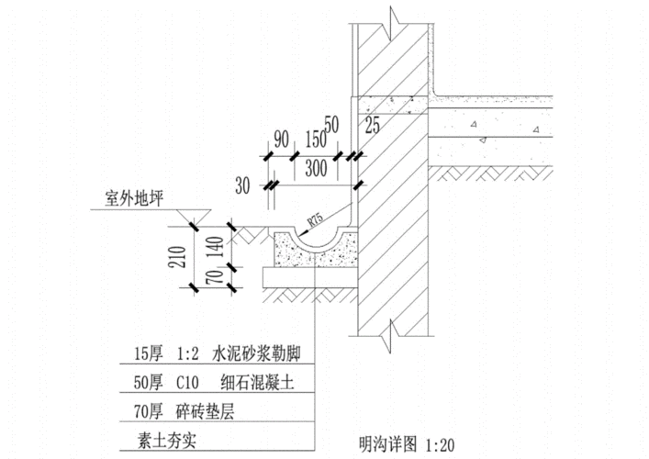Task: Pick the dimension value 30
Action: pos(242,186)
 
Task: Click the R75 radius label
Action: pos(315,220)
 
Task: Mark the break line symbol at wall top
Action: pos(393,17)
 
